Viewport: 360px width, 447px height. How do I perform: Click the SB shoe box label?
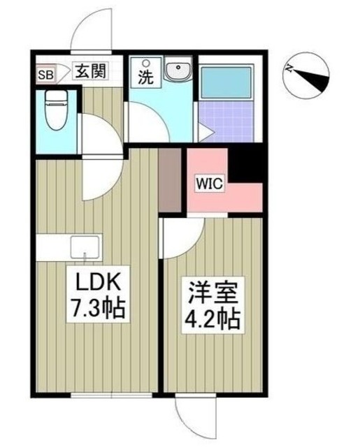(x=45, y=71)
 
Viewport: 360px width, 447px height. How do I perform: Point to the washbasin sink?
(x=177, y=71)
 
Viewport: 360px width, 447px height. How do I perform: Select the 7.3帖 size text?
(x=99, y=307)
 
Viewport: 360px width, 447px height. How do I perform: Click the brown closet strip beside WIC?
(x=168, y=180)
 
